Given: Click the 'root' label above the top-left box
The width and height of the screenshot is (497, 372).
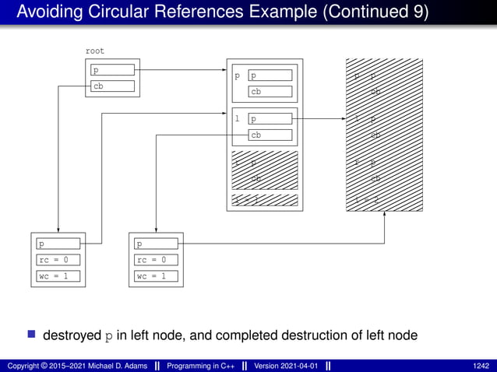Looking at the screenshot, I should point(94,51).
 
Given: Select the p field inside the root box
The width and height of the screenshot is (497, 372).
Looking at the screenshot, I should point(112,70).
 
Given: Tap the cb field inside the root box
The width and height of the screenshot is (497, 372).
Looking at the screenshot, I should point(112,86).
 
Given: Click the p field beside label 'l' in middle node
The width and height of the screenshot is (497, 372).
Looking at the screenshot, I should point(270,119).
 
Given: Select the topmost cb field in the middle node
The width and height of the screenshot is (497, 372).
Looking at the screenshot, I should point(270,91).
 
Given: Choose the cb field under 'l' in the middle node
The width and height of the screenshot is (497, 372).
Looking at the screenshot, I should point(270,135).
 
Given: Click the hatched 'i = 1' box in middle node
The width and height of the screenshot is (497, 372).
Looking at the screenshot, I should point(265,200).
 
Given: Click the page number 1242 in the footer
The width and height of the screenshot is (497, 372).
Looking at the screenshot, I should point(481,365).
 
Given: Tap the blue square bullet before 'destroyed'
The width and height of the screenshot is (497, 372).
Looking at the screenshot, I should point(32,335).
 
